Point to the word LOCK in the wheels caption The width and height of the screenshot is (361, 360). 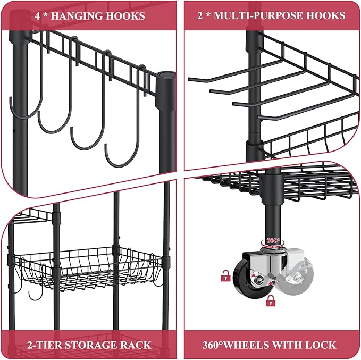tap(323, 345)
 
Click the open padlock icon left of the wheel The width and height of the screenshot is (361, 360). tap(225, 275)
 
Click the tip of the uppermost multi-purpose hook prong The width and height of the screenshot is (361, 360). tap(189, 80)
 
